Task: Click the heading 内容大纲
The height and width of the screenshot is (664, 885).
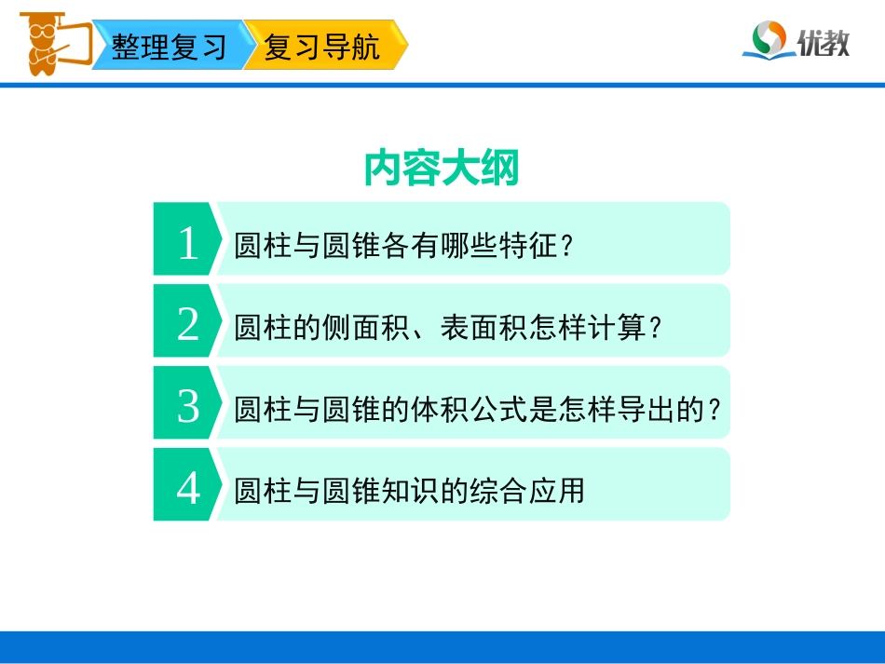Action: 442,169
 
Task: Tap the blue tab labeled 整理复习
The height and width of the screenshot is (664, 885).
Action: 169,47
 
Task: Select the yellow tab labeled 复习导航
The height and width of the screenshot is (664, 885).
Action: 322,47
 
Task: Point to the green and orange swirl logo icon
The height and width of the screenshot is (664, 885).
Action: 769,40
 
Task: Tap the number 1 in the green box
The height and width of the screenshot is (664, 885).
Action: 188,244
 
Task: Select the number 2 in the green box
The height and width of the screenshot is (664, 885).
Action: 188,325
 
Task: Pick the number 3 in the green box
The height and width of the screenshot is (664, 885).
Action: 188,407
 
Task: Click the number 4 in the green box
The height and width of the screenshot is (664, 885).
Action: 188,488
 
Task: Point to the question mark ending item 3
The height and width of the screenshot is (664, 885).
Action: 715,410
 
